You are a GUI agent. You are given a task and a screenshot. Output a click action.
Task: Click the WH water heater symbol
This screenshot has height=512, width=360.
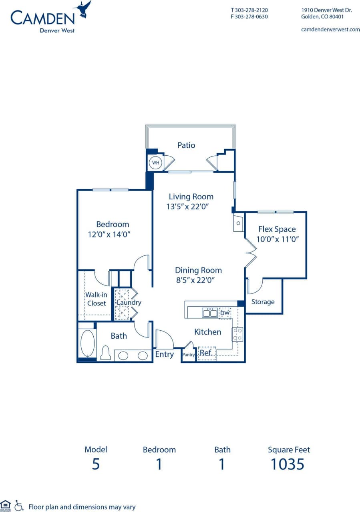[x=155, y=163]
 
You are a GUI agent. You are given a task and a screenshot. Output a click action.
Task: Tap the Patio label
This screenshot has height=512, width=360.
[x=186, y=145]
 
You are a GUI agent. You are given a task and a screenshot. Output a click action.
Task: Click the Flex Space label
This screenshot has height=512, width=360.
[x=277, y=229]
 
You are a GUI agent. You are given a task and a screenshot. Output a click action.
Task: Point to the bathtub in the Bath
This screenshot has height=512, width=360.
[x=87, y=343]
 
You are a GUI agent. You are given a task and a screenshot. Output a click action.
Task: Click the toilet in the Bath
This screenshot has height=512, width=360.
[x=105, y=353]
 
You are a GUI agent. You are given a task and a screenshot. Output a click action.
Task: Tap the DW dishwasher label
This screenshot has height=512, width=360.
[x=225, y=313]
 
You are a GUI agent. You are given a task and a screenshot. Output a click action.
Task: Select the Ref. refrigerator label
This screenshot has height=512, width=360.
[x=206, y=353]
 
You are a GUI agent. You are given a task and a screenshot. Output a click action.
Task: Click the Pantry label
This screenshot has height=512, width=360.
[x=189, y=355]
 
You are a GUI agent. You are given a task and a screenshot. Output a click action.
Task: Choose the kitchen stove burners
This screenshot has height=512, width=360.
[x=237, y=334]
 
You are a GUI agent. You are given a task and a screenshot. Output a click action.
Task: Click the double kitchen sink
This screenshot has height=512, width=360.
[x=210, y=313]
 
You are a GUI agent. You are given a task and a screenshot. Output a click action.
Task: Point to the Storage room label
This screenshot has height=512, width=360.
[x=263, y=302]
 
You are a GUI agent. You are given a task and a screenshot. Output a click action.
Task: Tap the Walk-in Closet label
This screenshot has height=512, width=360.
[x=96, y=299]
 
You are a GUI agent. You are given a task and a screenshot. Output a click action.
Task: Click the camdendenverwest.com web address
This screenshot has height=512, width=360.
[x=330, y=29]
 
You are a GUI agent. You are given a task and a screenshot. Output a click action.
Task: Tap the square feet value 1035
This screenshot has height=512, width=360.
[x=288, y=464]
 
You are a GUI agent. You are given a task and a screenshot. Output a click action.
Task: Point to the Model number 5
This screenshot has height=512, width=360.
[x=96, y=464]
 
